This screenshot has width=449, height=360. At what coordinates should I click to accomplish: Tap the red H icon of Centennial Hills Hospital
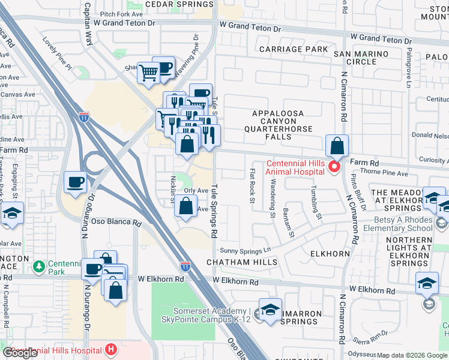point(110,349)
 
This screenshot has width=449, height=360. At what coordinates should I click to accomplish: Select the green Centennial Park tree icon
point(39,265)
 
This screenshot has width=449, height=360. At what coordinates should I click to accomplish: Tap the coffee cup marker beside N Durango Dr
point(76,182)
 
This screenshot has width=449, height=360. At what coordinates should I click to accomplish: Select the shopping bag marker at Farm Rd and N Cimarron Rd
point(337,145)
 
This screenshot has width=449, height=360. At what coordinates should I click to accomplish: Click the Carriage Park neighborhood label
point(294,49)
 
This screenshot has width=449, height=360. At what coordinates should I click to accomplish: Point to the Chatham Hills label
point(242,262)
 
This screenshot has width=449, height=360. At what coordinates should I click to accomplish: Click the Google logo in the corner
point(20,353)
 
